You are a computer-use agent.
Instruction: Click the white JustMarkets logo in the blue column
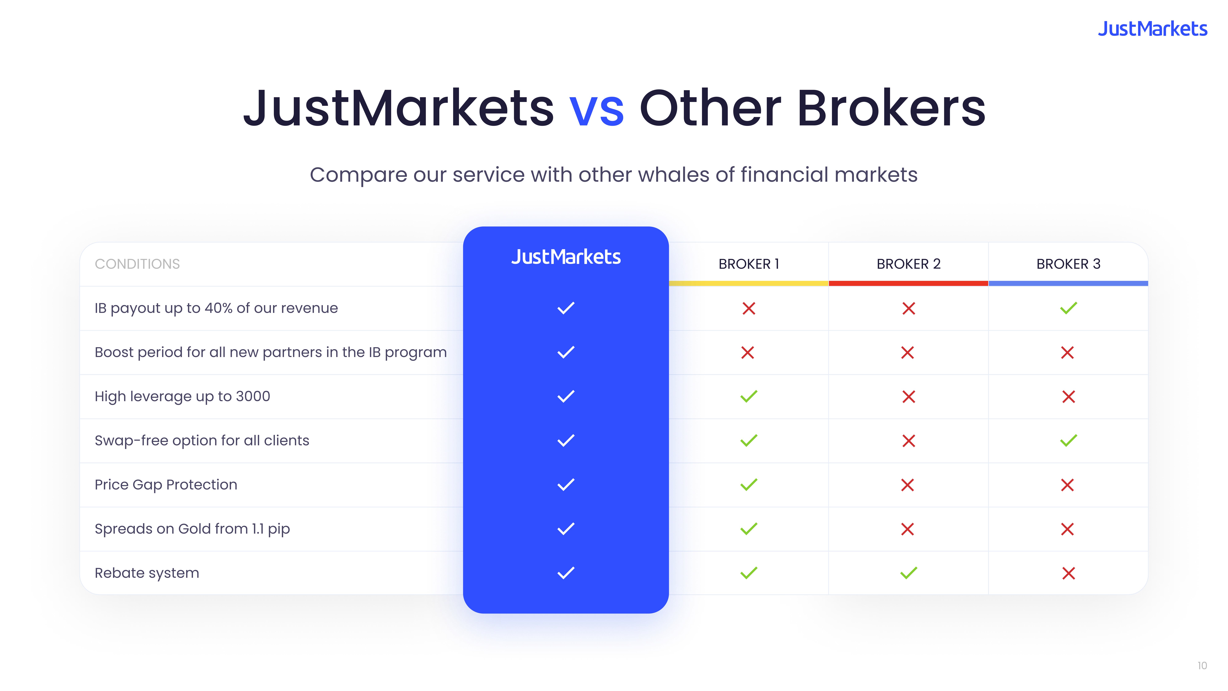point(566,257)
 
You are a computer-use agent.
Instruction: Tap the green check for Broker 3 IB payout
point(1068,308)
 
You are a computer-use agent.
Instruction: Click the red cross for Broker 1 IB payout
point(748,308)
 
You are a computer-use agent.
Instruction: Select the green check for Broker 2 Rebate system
point(909,573)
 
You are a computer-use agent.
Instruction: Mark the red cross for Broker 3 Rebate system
point(1068,573)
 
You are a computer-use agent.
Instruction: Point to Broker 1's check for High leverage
point(748,396)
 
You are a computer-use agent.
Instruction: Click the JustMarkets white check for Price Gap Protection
point(566,484)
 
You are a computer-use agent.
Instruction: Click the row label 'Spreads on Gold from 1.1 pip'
point(192,529)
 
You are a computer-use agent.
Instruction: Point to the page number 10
point(1202,666)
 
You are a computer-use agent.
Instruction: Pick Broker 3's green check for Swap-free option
point(1068,441)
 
